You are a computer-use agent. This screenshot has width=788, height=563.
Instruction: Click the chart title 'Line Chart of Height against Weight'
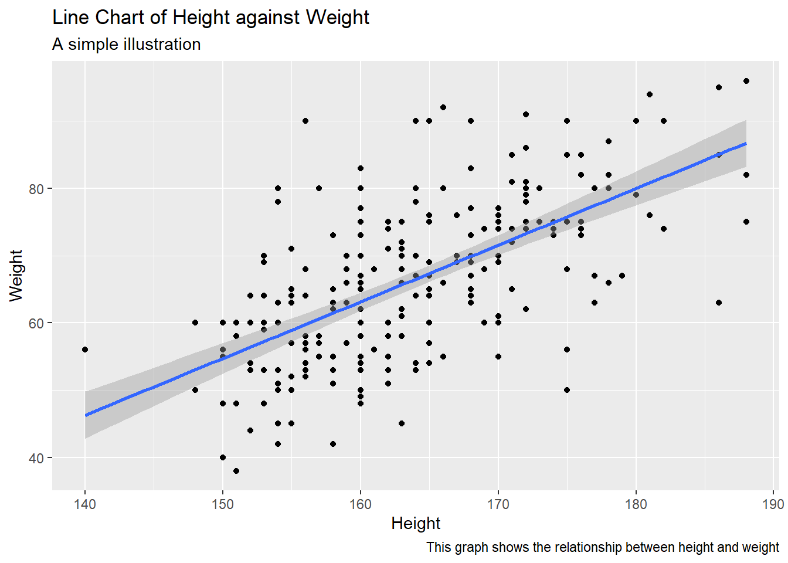tap(210, 18)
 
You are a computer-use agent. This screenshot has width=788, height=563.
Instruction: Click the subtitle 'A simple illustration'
tap(126, 45)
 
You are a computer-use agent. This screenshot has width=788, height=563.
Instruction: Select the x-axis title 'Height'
tap(416, 523)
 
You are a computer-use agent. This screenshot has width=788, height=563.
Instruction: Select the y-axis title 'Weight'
tap(16, 275)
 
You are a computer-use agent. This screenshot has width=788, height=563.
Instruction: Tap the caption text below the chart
tap(602, 547)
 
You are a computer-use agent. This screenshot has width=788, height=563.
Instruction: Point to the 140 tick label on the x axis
tap(85, 504)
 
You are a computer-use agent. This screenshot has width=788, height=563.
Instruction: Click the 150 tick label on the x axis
tap(223, 504)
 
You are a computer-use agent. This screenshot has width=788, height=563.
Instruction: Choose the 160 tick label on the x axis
tap(360, 504)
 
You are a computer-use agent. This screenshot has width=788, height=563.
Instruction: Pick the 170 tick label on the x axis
tap(498, 504)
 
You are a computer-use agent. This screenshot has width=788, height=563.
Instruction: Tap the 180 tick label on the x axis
tap(636, 504)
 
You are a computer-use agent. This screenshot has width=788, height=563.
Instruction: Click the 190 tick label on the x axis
tap(773, 504)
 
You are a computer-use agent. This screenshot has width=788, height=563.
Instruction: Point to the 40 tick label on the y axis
tap(36, 458)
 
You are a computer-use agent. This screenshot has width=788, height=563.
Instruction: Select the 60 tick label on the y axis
tap(36, 323)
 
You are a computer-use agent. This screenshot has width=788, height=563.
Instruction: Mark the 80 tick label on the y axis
tap(36, 189)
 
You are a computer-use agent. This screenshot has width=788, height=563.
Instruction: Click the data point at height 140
tap(85, 350)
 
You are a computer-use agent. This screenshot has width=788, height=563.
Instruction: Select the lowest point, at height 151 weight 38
tap(236, 471)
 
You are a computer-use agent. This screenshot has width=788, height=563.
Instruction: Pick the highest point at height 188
tap(746, 81)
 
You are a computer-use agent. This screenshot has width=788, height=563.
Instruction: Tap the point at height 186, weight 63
tap(719, 303)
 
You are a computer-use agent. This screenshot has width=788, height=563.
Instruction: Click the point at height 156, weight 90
tap(305, 121)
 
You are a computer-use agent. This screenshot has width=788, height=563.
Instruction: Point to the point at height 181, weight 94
tap(650, 94)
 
